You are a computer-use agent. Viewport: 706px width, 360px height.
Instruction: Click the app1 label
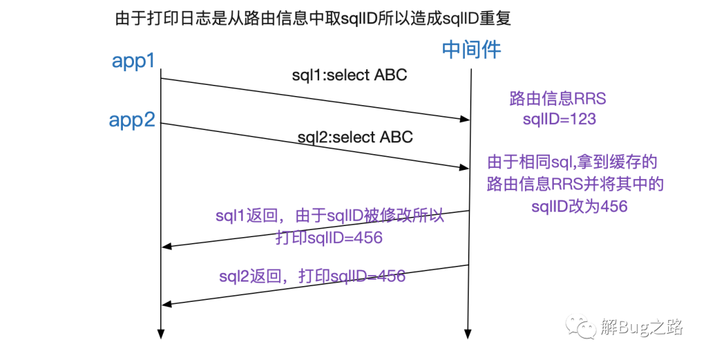[133, 61]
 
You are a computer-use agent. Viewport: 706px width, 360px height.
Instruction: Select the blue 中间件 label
[471, 50]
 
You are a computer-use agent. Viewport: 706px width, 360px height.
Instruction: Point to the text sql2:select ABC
[355, 138]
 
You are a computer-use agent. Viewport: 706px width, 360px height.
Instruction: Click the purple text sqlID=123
[560, 119]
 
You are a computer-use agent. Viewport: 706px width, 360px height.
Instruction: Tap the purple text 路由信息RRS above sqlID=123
[558, 99]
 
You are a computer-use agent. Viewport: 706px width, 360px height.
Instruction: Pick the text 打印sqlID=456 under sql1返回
[329, 238]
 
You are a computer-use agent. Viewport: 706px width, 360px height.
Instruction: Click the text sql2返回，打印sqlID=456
[312, 276]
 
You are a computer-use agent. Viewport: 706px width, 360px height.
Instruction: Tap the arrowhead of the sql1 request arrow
[466, 119]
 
